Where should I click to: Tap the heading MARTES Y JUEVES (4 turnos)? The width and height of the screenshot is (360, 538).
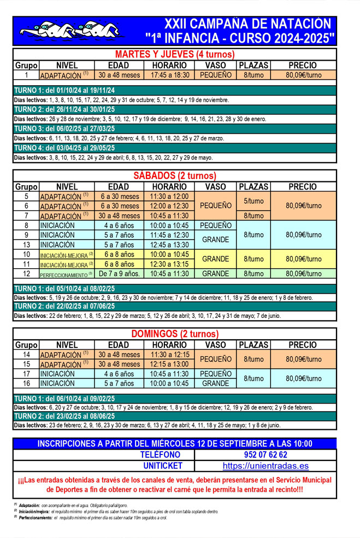(x=175, y=54)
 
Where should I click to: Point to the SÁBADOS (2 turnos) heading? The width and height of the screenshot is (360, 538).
(x=175, y=175)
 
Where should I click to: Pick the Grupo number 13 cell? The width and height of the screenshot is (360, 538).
(x=26, y=245)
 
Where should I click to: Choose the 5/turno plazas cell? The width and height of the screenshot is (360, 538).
(x=253, y=201)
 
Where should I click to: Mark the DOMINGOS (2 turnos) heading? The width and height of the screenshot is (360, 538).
(x=175, y=334)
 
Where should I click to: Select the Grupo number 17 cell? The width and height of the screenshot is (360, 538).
(x=26, y=374)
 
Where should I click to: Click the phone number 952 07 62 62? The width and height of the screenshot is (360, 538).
(x=265, y=454)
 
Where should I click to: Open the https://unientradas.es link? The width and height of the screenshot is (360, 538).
(x=265, y=466)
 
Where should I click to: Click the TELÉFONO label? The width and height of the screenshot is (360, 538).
(x=160, y=454)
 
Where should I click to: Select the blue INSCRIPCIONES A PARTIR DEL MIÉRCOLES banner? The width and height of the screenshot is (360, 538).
(x=175, y=444)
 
